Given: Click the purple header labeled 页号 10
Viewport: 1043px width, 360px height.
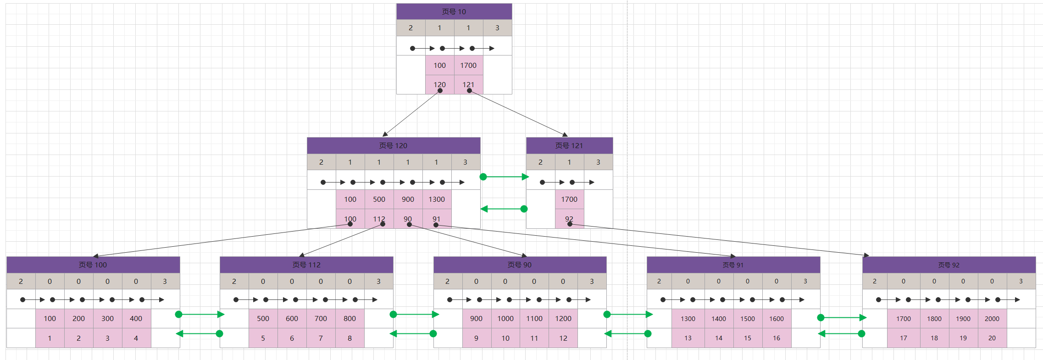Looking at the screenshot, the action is pyautogui.click(x=454, y=11).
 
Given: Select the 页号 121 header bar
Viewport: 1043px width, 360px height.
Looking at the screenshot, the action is pyautogui.click(x=569, y=145).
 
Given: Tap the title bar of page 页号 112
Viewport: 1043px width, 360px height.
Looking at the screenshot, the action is pyautogui.click(x=306, y=265).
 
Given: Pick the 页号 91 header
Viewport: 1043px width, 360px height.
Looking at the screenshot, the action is pyautogui.click(x=733, y=265).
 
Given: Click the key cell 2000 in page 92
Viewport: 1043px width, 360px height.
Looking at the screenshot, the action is pyautogui.click(x=992, y=318).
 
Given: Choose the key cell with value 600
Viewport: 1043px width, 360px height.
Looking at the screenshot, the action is pyautogui.click(x=292, y=318).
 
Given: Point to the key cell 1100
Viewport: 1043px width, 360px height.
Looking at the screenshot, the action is pyautogui.click(x=534, y=318).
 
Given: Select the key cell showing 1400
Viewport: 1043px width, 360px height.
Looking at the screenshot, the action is pyautogui.click(x=719, y=318).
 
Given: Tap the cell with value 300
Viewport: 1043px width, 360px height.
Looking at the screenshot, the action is pyautogui.click(x=107, y=318).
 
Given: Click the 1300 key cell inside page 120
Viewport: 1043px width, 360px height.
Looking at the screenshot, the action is pyautogui.click(x=437, y=199).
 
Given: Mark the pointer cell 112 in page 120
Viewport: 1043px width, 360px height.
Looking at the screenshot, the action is pyautogui.click(x=379, y=219).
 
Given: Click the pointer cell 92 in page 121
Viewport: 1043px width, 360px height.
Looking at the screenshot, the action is pyautogui.click(x=569, y=219).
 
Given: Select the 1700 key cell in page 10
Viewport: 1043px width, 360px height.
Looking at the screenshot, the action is pyautogui.click(x=468, y=65).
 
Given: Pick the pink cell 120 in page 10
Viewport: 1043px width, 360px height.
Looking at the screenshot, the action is pyautogui.click(x=439, y=84).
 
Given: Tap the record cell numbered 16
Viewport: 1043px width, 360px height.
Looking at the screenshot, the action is pyautogui.click(x=777, y=338).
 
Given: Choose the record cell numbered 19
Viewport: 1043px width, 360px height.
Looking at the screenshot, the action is pyautogui.click(x=963, y=338).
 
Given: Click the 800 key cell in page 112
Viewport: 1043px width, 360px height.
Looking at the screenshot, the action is pyautogui.click(x=350, y=318).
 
